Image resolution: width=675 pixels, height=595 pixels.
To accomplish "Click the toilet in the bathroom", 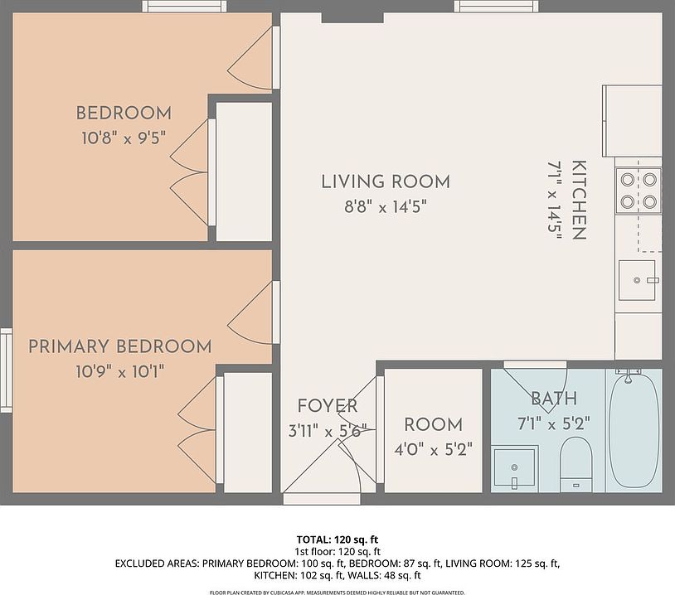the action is pos(576,464).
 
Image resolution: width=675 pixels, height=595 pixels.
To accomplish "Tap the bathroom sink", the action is pos(514,468).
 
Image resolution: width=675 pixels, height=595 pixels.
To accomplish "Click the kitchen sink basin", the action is pos(637,280).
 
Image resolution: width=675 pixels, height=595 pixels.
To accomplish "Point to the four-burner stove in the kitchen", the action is pos(639,190).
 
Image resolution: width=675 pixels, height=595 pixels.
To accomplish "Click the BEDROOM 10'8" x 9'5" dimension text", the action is pos(124,138).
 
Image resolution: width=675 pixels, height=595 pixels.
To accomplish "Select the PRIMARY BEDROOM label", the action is pos(120,346).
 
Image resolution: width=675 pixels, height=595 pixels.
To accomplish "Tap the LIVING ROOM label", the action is pos(386,181).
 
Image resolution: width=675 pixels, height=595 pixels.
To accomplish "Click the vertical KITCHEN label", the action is pos(579,200).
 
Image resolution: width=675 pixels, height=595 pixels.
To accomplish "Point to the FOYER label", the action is pos(328,406).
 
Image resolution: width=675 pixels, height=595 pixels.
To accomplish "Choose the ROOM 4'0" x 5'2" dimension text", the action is pos(434,450).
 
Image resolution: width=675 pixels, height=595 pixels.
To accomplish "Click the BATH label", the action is pos(554,399).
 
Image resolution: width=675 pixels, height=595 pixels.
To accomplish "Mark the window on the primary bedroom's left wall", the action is pos(6,370).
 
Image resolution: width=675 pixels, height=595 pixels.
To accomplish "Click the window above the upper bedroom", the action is pos(184,6).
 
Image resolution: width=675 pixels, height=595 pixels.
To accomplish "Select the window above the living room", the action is pos(497,6).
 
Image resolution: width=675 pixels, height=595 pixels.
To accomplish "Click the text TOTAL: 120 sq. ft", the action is pos(337,539).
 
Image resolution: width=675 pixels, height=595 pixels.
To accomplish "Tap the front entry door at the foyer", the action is pos(322,499).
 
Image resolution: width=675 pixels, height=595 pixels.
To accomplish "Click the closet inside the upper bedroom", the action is pos(244,172).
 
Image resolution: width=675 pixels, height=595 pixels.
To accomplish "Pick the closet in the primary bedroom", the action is pos(248,433).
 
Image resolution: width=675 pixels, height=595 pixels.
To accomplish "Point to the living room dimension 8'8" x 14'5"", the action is pos(386,207).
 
